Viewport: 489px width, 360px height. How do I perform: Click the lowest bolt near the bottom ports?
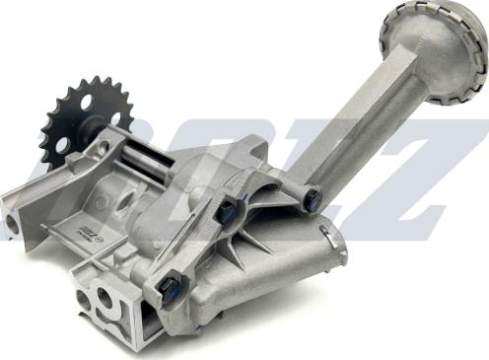pyautogui.click(x=170, y=287)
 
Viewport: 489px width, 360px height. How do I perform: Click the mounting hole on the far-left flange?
pyautogui.click(x=12, y=223)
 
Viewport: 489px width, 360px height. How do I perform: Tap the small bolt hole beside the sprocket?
pyautogui.click(x=103, y=149)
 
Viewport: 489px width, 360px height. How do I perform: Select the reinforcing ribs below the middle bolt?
pyautogui.click(x=237, y=247)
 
